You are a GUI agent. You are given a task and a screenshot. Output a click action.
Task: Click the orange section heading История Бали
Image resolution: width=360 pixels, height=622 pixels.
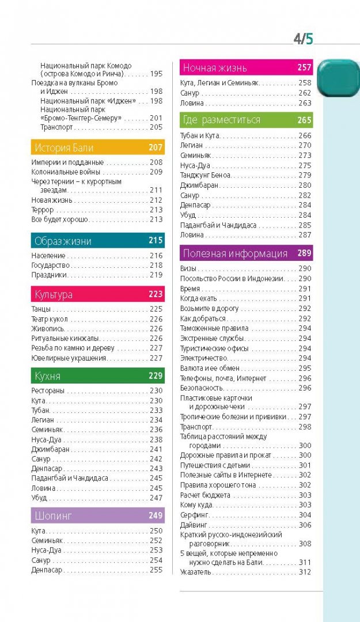(63, 147)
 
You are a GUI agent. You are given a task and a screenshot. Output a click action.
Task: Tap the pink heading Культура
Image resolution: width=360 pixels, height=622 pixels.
(53, 294)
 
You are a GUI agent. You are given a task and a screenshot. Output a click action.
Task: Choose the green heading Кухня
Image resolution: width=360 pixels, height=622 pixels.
(47, 376)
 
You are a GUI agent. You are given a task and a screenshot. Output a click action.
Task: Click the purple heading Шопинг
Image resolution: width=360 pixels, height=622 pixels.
(53, 515)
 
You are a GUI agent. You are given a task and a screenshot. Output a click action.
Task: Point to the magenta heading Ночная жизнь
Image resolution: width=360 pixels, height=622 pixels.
(215, 68)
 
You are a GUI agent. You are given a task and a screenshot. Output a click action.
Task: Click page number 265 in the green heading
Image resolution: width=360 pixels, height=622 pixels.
(304, 120)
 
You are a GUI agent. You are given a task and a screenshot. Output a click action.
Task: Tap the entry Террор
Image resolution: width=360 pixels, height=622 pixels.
(43, 210)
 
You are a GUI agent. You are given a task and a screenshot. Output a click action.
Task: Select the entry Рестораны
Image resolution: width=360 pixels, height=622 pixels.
(48, 391)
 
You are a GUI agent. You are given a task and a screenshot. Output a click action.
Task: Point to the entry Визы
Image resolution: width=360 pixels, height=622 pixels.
(189, 269)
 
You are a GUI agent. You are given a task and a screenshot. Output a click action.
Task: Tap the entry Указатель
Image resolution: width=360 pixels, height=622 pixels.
(196, 572)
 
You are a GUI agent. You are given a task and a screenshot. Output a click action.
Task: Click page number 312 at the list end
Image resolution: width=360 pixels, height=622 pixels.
(305, 572)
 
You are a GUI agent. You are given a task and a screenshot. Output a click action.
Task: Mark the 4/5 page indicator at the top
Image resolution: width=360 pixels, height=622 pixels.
(303, 39)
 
